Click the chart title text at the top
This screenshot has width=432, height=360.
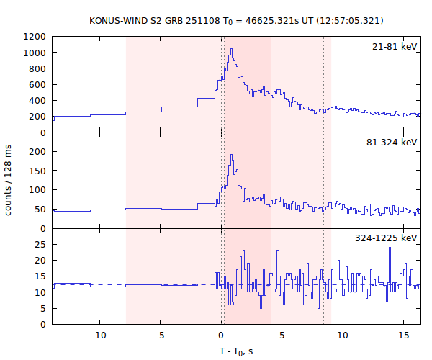tap(236, 20)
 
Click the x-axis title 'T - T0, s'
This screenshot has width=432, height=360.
tap(236, 351)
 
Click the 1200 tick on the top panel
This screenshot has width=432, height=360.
tap(36, 37)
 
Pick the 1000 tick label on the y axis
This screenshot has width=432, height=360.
tap(36, 53)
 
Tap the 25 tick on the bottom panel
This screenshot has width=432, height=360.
tap(42, 244)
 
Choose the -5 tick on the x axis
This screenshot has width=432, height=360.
tap(160, 336)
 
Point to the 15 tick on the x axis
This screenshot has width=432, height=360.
tap(405, 336)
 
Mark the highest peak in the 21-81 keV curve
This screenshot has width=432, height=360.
tap(231, 49)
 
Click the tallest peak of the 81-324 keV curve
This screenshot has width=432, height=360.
tap(231, 155)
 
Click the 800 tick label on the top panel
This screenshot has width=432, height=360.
tap(39, 68)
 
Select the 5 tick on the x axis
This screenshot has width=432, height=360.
tap(283, 336)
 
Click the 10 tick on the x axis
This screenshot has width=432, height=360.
tap(344, 336)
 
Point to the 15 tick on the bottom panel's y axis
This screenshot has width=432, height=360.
tap(42, 276)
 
